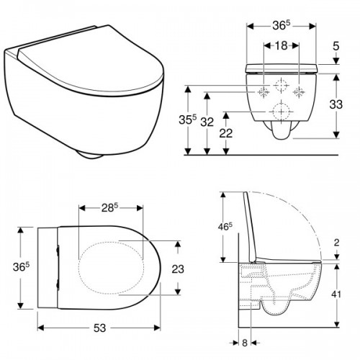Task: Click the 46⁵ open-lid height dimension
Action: pyautogui.click(x=225, y=226)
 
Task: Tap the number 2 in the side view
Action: pyautogui.click(x=338, y=243)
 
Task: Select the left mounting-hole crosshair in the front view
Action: pyautogui.click(x=264, y=92)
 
